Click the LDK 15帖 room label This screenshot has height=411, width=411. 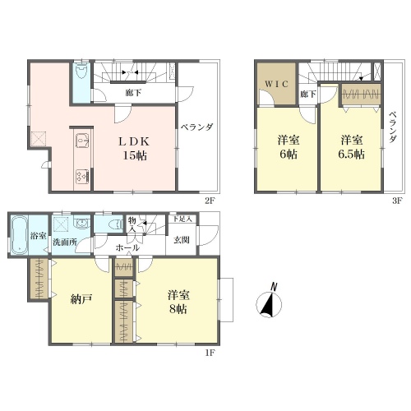coord(134,149)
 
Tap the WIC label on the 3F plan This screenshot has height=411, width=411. coord(276,84)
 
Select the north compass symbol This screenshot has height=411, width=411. coord(269,302)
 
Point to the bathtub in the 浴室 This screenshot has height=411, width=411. coord(20,235)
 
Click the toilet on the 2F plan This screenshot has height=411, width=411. coord(81,71)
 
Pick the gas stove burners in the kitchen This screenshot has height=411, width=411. coord(82,177)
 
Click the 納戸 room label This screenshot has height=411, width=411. coord(81,299)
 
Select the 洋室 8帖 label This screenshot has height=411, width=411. coord(178,302)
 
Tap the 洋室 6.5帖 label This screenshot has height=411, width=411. coord(352,147)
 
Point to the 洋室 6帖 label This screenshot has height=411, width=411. coord(289,147)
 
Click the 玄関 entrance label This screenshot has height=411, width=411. coord(182,240)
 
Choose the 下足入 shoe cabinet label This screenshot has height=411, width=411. coord(182,219)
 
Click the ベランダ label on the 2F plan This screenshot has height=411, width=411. coord(197,127)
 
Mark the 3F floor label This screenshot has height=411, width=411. coord(397,201)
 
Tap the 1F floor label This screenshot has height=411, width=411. coord(210,353)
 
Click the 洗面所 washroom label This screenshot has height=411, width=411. coord(65,242)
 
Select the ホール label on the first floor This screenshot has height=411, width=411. coord(127,248)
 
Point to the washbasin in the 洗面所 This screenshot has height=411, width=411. coord(81,223)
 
